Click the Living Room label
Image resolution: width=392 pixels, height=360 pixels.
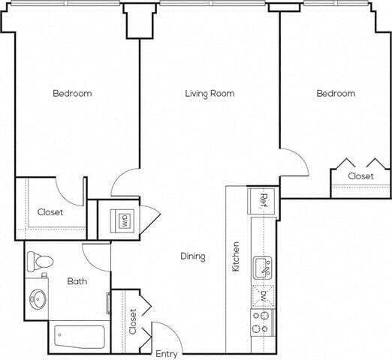click(210, 94)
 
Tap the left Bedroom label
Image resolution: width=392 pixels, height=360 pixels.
click(72, 94)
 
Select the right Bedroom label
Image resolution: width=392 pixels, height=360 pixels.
click(335, 94)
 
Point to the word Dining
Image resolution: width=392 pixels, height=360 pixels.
click(193, 256)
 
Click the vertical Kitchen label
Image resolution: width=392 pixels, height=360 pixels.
click(236, 256)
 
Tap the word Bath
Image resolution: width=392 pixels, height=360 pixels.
click(77, 281)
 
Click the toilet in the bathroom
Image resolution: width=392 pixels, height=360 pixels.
click(39, 262)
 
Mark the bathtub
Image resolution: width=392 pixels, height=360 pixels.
click(80, 337)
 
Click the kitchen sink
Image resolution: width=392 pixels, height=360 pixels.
click(263, 267)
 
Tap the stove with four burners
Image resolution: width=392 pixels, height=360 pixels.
click(263, 323)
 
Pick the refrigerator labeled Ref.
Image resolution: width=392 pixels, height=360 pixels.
click(264, 200)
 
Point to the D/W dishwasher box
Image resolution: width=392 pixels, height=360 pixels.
click(263, 294)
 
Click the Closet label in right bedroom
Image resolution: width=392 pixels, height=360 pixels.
click(360, 176)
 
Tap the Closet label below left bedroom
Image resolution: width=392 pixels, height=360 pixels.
click(50, 212)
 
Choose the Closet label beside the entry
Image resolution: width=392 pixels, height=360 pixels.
click(132, 322)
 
